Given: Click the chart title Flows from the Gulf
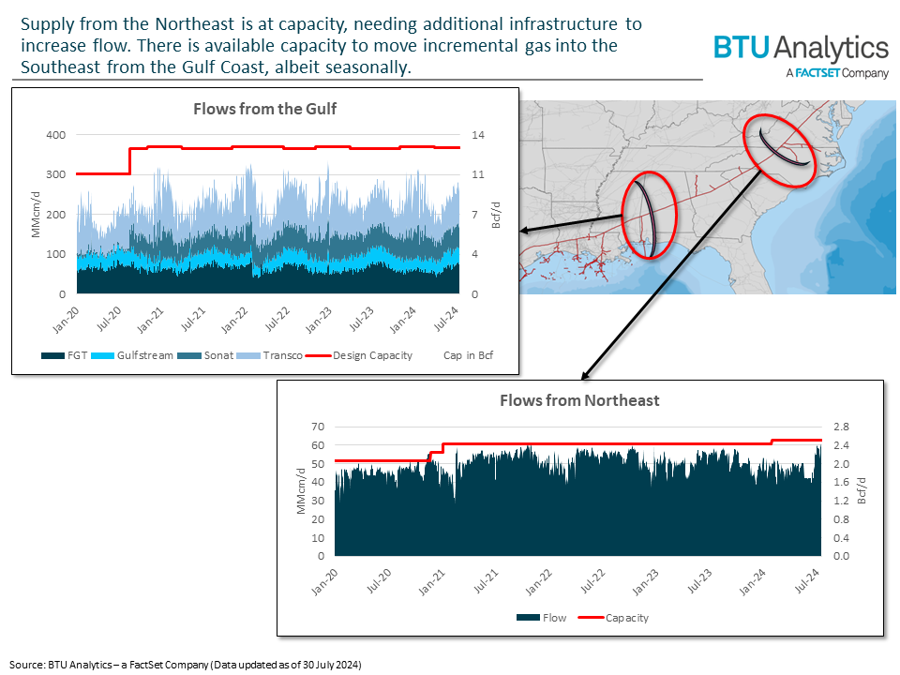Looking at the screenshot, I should pos(264,109).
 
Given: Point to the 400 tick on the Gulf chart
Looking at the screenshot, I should pos(56,135).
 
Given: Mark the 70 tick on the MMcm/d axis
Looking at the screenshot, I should pos(317,427).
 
